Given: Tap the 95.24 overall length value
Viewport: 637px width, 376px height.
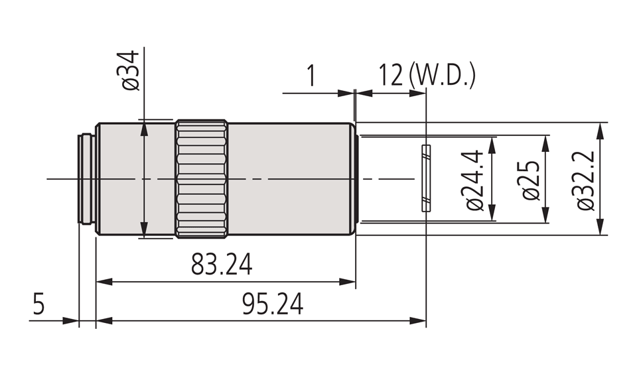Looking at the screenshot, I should tap(272, 305).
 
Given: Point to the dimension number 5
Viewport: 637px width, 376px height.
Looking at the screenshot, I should tap(39, 305).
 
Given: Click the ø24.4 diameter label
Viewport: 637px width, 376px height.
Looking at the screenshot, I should tap(476, 179).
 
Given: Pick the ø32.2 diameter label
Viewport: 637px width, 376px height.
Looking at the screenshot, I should tap(587, 179).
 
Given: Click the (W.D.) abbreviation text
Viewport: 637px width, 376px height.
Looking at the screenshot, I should tap(443, 76).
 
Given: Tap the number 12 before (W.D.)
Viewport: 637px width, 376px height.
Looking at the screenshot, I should tap(390, 76).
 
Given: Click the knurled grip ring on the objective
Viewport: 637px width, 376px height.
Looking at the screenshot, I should tap(202, 179).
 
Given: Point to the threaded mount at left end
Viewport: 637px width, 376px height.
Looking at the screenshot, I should tap(86, 179).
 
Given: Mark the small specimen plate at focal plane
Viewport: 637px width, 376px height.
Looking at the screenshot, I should tap(426, 178).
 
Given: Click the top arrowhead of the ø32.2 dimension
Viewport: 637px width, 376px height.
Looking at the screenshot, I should tap(601, 128).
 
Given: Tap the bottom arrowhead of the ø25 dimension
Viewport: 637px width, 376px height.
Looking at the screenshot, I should tap(546, 217).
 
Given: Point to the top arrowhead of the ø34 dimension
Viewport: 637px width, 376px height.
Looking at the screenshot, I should tap(143, 127).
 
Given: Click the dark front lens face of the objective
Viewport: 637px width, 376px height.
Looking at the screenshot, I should tap(357, 179).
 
